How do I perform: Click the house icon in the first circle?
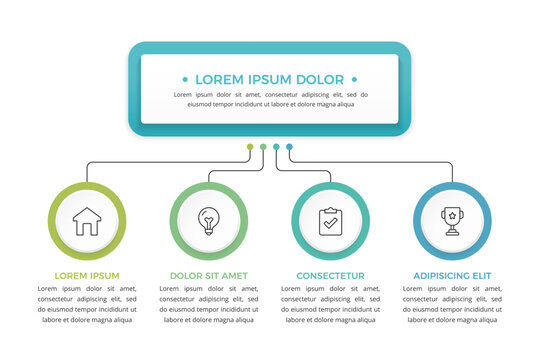[x=87, y=221]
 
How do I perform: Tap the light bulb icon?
[x=208, y=221]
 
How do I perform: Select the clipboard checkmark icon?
[x=330, y=221]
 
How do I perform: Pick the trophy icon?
[x=452, y=221]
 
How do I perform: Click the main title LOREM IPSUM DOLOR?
[x=269, y=79]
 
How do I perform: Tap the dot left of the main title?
[x=182, y=79]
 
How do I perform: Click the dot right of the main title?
[x=356, y=79]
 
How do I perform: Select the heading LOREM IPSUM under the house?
[x=87, y=275]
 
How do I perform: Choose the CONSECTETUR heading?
[x=330, y=275]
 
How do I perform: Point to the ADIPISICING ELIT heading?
[x=452, y=275]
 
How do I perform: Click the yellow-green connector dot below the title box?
[x=250, y=147]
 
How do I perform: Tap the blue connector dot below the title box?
[x=289, y=147]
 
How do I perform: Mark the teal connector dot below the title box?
[x=276, y=147]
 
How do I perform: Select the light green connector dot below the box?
[x=263, y=147]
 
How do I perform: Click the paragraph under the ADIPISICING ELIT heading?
[x=452, y=304]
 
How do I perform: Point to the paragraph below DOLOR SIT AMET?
[x=208, y=304]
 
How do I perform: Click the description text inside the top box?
[x=269, y=99]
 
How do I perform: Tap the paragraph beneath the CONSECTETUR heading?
[x=330, y=304]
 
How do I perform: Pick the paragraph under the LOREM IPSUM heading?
[x=87, y=304]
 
